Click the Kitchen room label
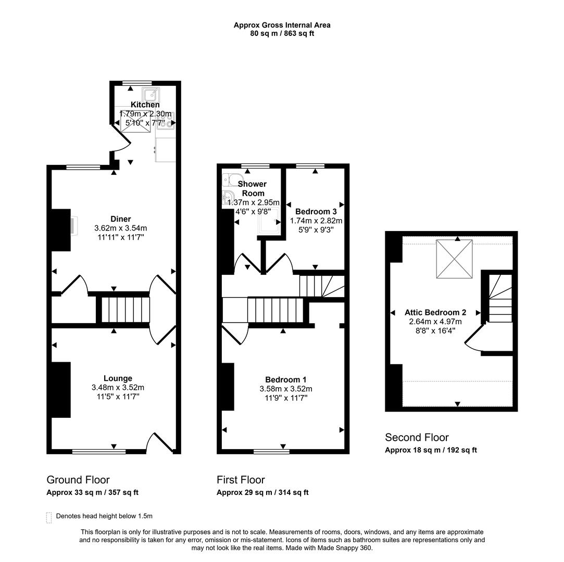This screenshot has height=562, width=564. [145, 105]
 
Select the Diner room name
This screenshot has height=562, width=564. [120, 219]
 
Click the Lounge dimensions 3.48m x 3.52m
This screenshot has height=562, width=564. [118, 388]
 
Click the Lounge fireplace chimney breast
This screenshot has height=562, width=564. [60, 389]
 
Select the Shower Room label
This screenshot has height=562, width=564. [252, 188]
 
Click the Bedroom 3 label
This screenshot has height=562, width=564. [316, 212]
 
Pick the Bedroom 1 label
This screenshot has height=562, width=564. [282, 379]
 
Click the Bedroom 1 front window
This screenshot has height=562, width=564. [271, 451]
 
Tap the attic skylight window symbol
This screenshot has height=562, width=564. [454, 258]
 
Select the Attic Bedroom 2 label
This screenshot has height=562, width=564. [435, 313]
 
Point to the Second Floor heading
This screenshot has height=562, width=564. [417, 438]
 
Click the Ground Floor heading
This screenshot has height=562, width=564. [78, 480]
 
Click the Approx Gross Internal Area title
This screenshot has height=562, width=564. [282, 25]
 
